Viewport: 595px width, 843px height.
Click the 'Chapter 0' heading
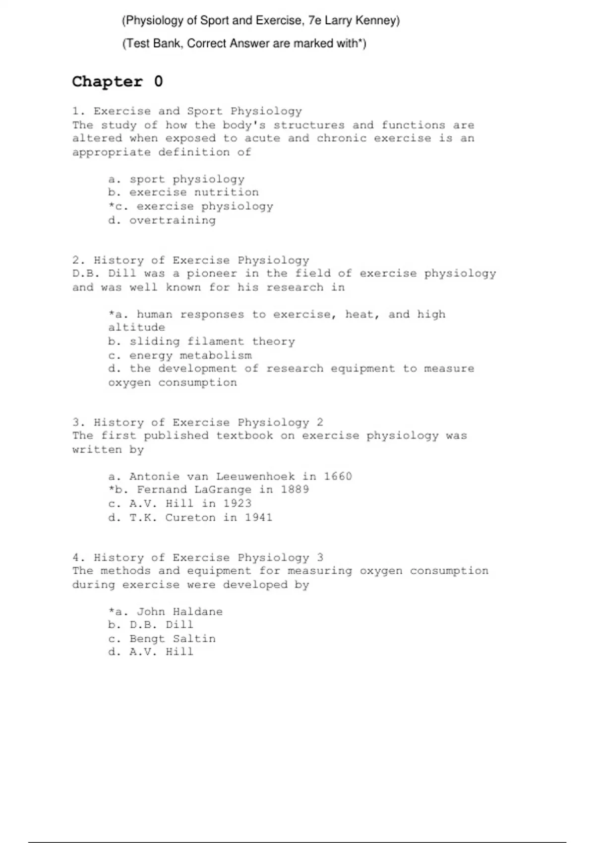[117, 81]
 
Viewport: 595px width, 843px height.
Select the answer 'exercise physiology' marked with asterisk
[205, 206]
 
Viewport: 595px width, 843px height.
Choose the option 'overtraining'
[173, 220]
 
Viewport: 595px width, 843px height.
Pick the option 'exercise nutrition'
[194, 192]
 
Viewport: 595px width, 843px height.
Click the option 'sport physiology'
[187, 179]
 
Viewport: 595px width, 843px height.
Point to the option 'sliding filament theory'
[212, 341]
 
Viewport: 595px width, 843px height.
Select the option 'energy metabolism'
[190, 355]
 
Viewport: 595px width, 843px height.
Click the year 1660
[338, 477]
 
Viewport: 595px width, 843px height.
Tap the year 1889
[295, 489]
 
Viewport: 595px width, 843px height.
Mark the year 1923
[237, 503]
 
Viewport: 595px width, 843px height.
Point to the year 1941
[258, 517]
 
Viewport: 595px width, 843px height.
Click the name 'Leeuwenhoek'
[255, 477]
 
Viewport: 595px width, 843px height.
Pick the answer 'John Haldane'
[179, 611]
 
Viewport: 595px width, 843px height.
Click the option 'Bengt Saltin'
[173, 639]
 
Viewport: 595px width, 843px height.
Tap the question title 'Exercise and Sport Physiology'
[197, 111]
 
